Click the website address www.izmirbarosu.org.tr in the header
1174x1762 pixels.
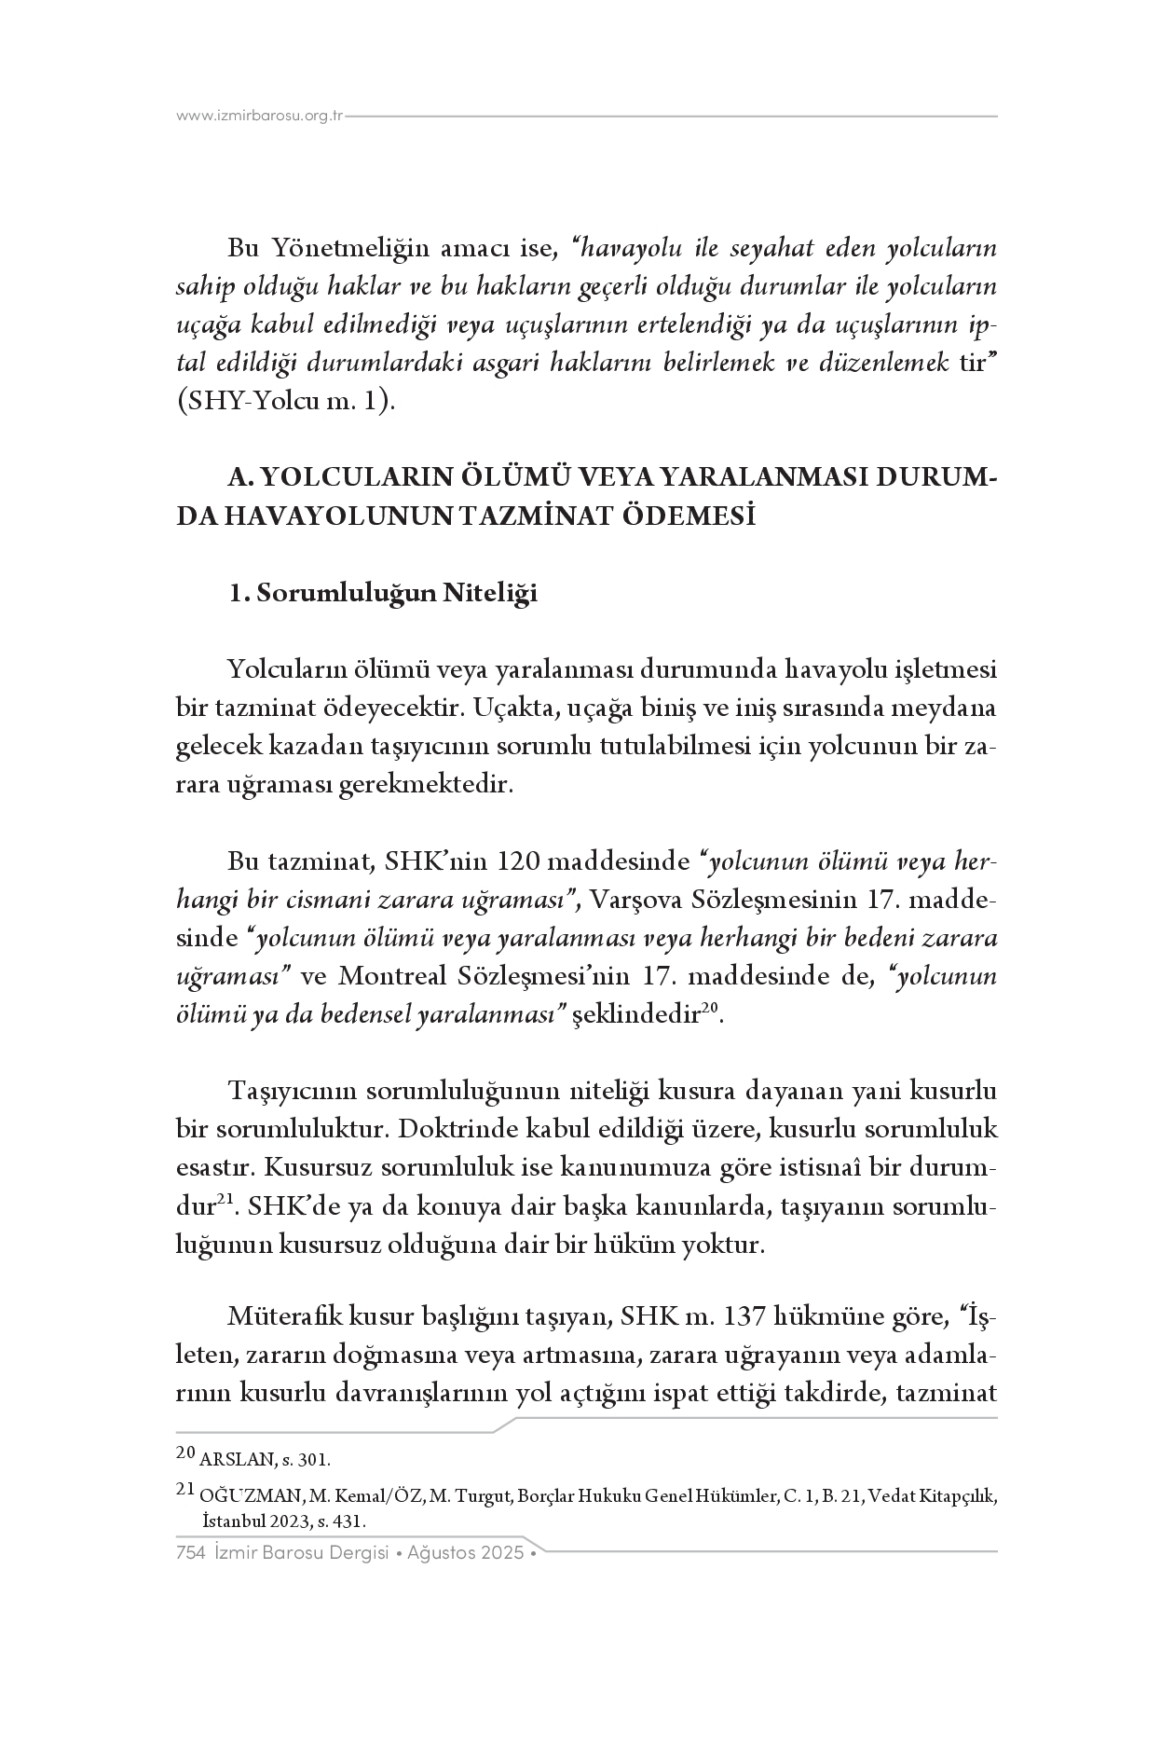pos(260,117)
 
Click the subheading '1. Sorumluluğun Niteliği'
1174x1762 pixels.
pos(383,594)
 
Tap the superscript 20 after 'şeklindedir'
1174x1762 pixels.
pos(709,1008)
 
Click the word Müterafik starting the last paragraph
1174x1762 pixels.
pos(285,1317)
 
